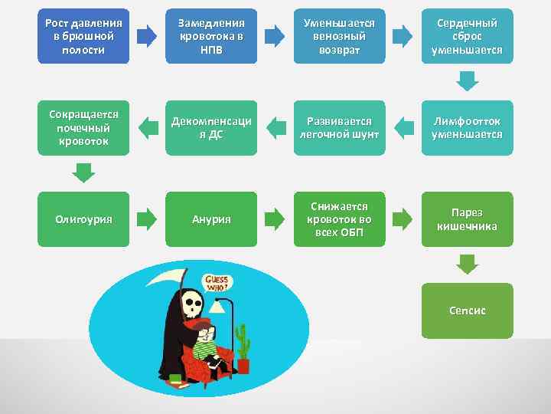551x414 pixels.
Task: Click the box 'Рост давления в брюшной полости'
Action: pyautogui.click(x=83, y=36)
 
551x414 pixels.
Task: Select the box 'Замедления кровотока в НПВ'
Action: pyautogui.click(x=211, y=36)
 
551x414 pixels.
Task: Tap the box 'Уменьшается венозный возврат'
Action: pyautogui.click(x=339, y=36)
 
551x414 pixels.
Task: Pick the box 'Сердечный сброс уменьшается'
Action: pyautogui.click(x=467, y=36)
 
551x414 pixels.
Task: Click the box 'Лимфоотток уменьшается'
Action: pyautogui.click(x=467, y=127)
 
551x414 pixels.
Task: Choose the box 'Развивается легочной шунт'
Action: pyautogui.click(x=339, y=127)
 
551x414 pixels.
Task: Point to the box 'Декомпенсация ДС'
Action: pyautogui.click(x=211, y=127)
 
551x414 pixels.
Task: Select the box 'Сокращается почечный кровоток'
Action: pyautogui.click(x=83, y=127)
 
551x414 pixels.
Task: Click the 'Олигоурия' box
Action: pyautogui.click(x=83, y=219)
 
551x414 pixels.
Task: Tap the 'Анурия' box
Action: pyautogui.click(x=211, y=219)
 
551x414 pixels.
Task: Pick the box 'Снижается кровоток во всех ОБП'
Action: pyautogui.click(x=339, y=219)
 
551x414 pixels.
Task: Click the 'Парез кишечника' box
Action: pyautogui.click(x=467, y=219)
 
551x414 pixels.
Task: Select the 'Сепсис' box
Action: pyautogui.click(x=467, y=310)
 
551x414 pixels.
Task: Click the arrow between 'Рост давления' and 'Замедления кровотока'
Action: pyautogui.click(x=147, y=36)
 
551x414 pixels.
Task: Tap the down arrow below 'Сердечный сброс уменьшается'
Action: pyautogui.click(x=467, y=80)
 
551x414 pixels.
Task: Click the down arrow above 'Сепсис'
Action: pyautogui.click(x=467, y=264)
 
